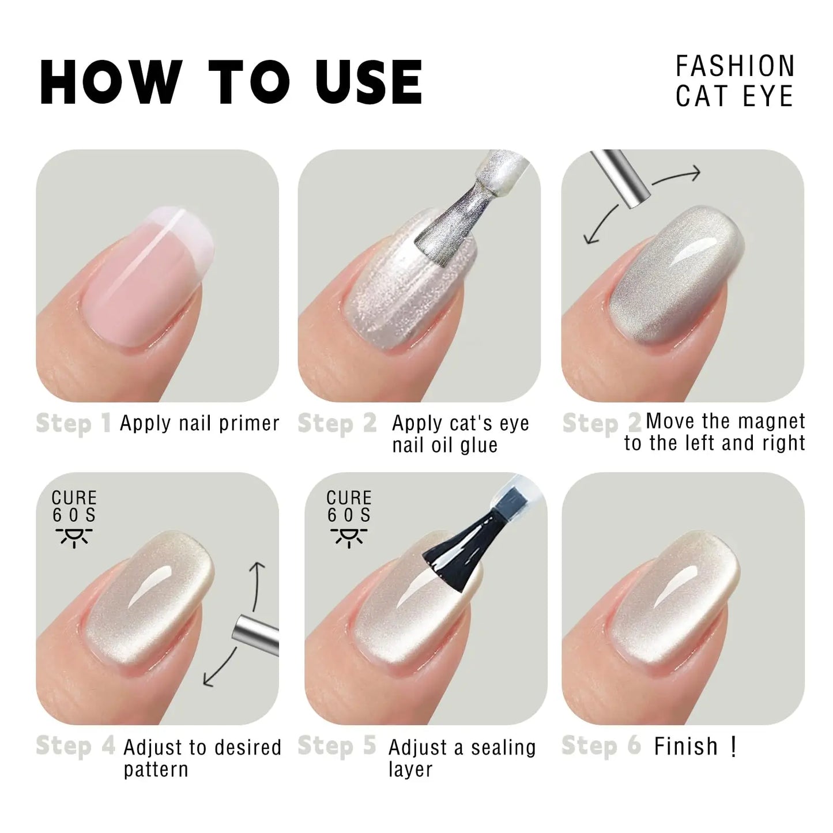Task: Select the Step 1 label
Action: [x=73, y=424]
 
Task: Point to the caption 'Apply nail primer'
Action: [x=199, y=424]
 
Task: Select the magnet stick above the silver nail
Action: [x=623, y=179]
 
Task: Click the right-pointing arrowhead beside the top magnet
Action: [x=695, y=172]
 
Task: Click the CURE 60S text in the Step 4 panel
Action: [x=74, y=506]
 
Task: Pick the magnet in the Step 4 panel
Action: [x=257, y=628]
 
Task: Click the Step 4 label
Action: [x=75, y=747]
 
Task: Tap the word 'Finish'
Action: [x=686, y=747]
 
